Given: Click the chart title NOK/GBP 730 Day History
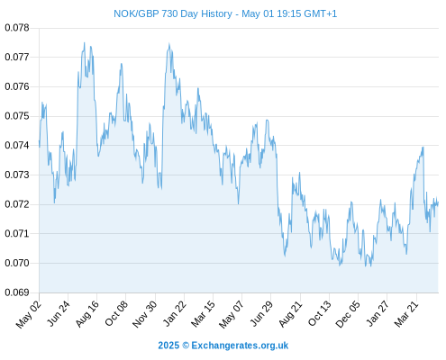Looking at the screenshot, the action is tap(173, 13).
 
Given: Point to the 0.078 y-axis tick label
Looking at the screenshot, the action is tap(17, 28).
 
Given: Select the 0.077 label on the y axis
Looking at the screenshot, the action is tap(17, 57).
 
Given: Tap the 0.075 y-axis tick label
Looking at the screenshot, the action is tap(17, 116).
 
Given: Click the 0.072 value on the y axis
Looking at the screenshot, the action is tap(17, 204).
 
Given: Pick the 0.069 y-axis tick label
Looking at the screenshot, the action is tap(17, 292).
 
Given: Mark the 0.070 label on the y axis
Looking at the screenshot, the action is tap(17, 263).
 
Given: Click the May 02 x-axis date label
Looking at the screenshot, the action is tap(29, 314).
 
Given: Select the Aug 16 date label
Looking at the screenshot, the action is tap(87, 313).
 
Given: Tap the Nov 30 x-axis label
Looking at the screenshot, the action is tap(145, 314).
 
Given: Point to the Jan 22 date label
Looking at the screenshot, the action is tap(175, 313).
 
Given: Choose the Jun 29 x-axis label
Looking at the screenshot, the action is tap(261, 313).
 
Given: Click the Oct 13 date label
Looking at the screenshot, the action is tap(320, 313).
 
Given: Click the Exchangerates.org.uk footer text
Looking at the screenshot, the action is tap(240, 346).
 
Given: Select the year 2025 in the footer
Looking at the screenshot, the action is tap(168, 346).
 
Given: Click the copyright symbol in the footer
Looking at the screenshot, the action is tap(186, 346).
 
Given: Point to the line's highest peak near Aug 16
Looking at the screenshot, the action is tap(85, 42).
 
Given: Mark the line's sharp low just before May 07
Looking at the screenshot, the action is tap(239, 204).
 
